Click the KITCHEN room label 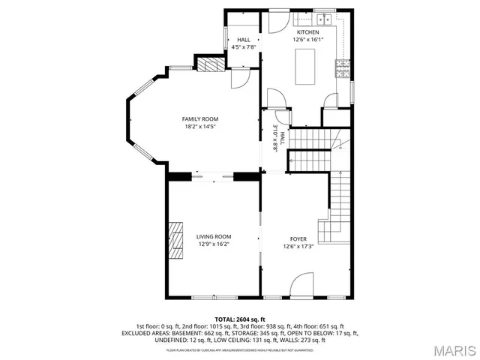tap(307, 33)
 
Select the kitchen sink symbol tap(324, 20)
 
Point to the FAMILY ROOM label tap(200, 119)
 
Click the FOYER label tap(298, 238)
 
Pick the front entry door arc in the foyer tap(304, 284)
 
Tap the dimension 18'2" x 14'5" tap(200, 127)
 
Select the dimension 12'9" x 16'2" tap(214, 244)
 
